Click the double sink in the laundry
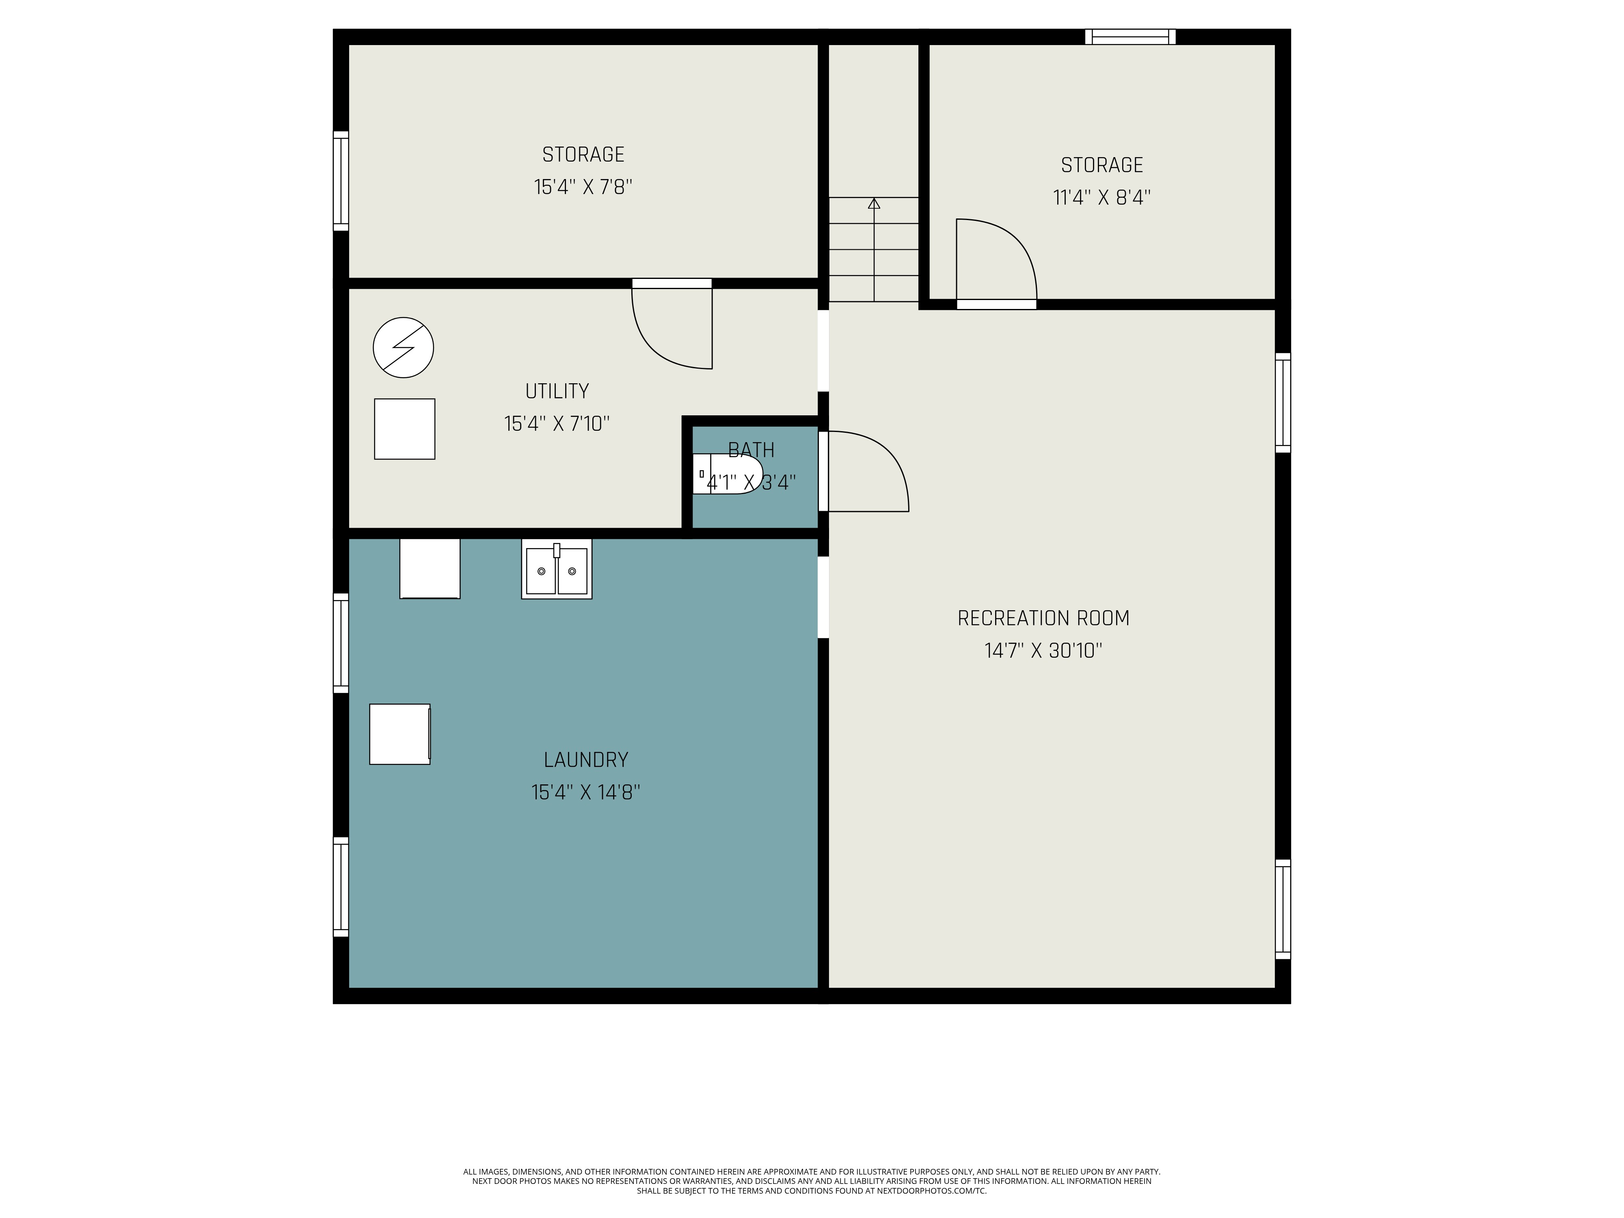tap(557, 570)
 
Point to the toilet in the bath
tap(727, 473)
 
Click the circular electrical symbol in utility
tap(403, 347)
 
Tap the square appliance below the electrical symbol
tap(404, 429)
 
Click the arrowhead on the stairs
tap(874, 203)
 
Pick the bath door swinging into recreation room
tap(866, 471)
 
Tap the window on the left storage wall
tap(341, 181)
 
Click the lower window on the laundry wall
tap(341, 887)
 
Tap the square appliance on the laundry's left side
tap(400, 734)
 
